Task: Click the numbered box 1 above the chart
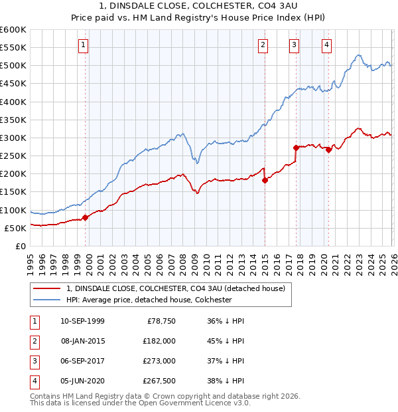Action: coord(84,45)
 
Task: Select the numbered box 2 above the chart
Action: coord(263,45)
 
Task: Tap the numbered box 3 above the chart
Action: coord(294,45)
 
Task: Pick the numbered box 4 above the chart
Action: coord(327,45)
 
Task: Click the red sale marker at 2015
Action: coord(265,180)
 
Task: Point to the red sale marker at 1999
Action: coord(85,217)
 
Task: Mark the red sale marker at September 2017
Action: coord(296,148)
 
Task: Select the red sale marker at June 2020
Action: coord(328,150)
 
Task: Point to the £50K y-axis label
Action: coord(15,228)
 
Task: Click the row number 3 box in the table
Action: coord(34,361)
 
